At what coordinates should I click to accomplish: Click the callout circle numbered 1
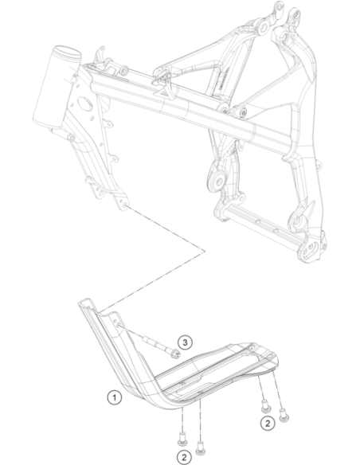(x=115, y=397)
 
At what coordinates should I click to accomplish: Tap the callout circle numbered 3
(x=185, y=343)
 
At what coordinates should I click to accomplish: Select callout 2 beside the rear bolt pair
(x=268, y=424)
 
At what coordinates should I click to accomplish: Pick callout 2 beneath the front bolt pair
(x=184, y=458)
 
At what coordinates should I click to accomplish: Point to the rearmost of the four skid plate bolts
(x=284, y=415)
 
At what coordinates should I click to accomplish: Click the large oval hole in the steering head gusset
(x=85, y=102)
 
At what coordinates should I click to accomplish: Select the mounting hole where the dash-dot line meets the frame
(x=124, y=205)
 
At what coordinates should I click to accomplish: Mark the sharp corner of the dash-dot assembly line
(x=205, y=252)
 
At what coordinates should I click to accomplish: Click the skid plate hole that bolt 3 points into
(x=119, y=326)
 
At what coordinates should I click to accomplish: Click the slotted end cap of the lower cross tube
(x=310, y=251)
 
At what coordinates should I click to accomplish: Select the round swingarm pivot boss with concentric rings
(x=218, y=182)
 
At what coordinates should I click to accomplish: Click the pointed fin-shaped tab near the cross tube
(x=309, y=209)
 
